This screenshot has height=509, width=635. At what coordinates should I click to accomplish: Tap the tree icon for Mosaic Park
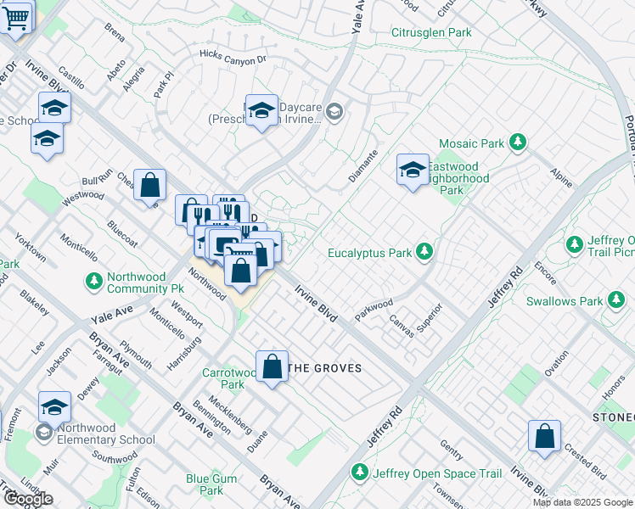517,143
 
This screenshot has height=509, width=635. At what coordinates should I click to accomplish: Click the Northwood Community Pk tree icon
93,280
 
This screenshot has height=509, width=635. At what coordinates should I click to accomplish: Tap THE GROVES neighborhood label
326,368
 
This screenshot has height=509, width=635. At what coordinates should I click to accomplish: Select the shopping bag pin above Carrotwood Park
272,366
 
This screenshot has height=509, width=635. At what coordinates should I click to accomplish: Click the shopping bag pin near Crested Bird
544,435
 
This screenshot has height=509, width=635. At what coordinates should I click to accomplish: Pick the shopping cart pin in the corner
17,15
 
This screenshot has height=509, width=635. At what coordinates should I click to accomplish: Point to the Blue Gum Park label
205,484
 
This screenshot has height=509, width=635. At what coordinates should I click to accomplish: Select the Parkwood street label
374,309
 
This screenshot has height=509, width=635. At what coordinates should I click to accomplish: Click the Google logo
27,499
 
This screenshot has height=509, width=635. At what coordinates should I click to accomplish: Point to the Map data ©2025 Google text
582,502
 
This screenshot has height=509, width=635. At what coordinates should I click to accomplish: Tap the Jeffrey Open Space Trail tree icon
360,471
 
